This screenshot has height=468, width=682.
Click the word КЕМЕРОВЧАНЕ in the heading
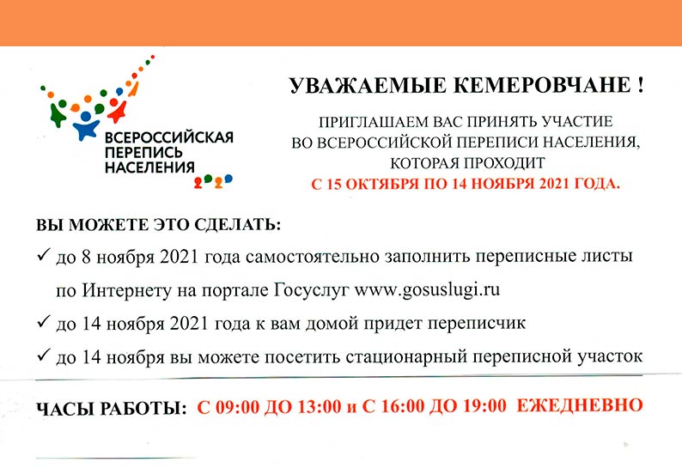click(540, 85)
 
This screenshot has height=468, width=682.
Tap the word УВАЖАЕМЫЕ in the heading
click(368, 85)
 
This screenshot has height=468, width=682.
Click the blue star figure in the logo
click(85, 126)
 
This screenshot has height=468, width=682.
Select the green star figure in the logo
click(57, 115)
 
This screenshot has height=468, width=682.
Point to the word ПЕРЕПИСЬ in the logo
click(143, 153)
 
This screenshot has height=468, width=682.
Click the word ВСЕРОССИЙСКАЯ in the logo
click(169, 137)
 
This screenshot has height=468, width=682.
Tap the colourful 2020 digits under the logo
click(213, 181)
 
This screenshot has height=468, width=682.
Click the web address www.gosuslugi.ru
click(427, 290)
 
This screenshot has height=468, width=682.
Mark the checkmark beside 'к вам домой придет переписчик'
click(44, 321)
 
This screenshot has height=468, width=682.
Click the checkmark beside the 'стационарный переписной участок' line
click(44, 355)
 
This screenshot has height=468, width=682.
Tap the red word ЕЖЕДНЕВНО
click(579, 405)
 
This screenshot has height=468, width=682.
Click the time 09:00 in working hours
click(237, 407)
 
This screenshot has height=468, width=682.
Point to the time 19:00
click(484, 406)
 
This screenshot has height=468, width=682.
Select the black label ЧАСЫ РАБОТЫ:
click(112, 409)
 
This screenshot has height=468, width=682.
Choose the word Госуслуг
click(311, 290)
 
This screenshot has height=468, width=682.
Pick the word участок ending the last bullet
click(610, 357)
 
